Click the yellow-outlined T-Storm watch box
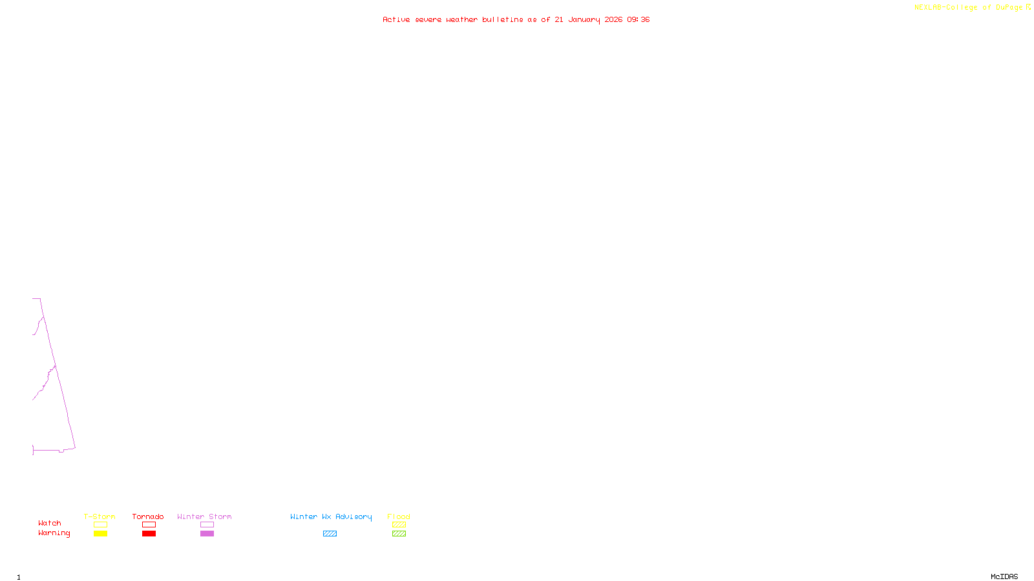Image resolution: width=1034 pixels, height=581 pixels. coord(100,525)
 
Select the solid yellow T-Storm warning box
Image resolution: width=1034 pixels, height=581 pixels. coord(100,534)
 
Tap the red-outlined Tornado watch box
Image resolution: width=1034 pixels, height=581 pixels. coord(149,525)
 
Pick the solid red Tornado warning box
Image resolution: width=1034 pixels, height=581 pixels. coord(149,534)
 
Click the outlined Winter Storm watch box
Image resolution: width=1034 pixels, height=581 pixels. coord(207,525)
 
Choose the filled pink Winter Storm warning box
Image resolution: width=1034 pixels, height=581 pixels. coord(207,534)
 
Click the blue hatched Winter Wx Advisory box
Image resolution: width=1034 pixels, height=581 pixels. coord(330,534)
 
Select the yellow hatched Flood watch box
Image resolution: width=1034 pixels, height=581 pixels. coord(399,525)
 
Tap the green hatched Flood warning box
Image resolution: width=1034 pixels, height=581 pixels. coord(399,534)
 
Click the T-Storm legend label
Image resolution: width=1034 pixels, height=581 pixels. coord(100,516)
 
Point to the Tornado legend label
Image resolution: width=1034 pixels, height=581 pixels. coord(148,516)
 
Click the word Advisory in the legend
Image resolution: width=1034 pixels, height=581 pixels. coord(353,516)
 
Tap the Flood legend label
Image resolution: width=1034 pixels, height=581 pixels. coord(399,516)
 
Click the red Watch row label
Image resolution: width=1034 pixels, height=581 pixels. coord(50,524)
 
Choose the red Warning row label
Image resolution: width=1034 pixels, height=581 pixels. coord(54,533)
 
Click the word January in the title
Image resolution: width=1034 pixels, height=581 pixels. coord(584,20)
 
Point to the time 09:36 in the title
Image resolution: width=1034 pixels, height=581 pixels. coord(638,20)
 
